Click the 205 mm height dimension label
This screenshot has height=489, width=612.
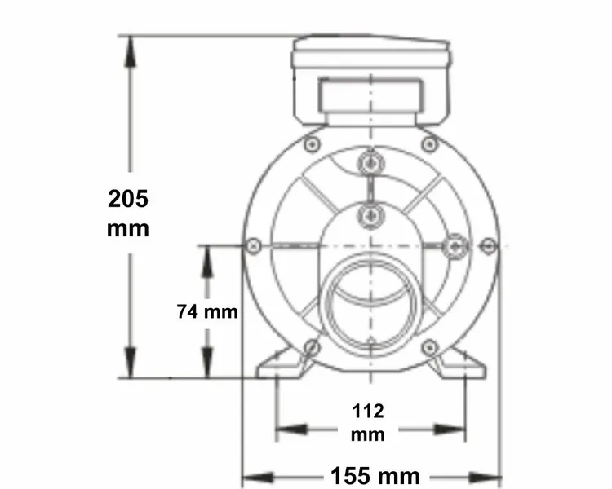click(128, 212)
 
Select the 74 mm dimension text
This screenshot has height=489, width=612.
click(206, 311)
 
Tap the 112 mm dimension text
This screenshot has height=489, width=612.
click(368, 421)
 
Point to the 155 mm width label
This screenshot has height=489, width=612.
click(375, 475)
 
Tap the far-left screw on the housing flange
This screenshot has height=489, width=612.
click(253, 244)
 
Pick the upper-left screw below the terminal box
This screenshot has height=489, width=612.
click(311, 144)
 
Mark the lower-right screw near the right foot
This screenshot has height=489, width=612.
click(429, 348)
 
